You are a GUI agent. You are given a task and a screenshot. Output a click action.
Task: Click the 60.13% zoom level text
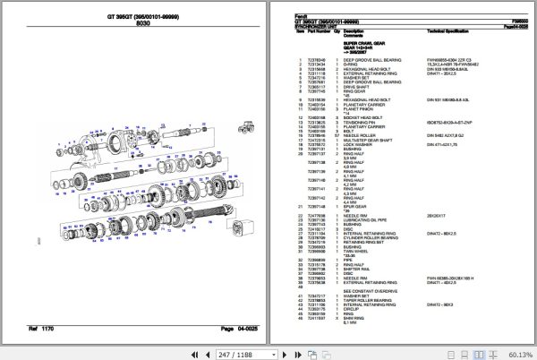517,353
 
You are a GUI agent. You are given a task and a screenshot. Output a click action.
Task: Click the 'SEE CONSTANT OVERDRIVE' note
371,288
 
